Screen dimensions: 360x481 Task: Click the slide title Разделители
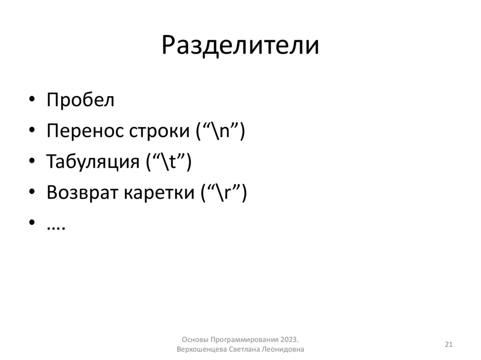[x=240, y=46]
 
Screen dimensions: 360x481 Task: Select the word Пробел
[x=80, y=100]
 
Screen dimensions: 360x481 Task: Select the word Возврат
[x=82, y=192]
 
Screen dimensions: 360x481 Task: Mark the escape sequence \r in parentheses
[x=223, y=192]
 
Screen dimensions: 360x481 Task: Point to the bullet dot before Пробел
[x=31, y=100]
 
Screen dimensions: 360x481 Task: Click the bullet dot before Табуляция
[x=31, y=162]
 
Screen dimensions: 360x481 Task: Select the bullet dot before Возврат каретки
[x=31, y=193]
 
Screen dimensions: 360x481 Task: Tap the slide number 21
[x=449, y=345]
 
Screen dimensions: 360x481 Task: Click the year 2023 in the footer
[x=290, y=340]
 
